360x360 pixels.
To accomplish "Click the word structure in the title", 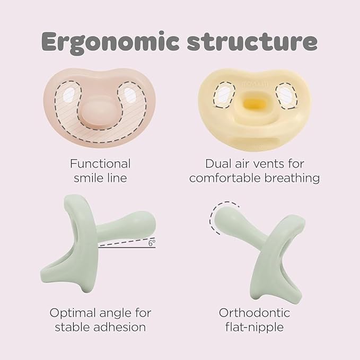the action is tap(252, 42).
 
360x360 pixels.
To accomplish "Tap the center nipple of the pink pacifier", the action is tap(94, 112).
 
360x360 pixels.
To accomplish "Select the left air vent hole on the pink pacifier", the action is tap(68, 94).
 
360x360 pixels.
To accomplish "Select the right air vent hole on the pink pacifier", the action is tap(129, 95).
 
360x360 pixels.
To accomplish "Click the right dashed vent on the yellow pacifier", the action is tap(287, 95).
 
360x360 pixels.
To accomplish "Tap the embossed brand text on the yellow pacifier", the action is tap(256, 84).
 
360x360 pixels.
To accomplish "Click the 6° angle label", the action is tap(152, 243).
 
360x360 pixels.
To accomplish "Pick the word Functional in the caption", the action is tap(100, 164).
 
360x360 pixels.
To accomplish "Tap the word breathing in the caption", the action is tap(292, 178).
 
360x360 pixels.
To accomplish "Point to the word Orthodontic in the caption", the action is tap(254, 313).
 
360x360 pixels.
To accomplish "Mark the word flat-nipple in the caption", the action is tap(254, 328).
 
